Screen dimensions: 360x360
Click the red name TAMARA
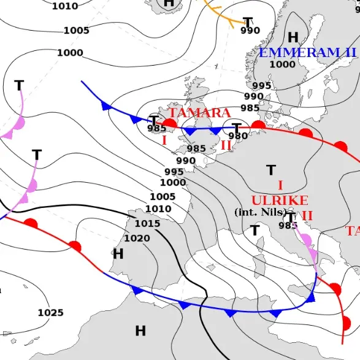click(x=199, y=113)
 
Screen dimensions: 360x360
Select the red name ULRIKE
click(x=280, y=201)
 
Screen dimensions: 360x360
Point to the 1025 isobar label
click(x=50, y=313)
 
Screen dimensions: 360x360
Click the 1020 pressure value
click(x=137, y=238)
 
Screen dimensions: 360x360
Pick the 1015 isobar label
click(x=147, y=223)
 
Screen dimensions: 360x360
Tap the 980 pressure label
click(x=238, y=136)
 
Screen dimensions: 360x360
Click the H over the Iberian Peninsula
click(x=118, y=253)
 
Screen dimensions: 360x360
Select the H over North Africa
click(x=140, y=331)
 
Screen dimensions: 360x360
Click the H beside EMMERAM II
click(x=293, y=38)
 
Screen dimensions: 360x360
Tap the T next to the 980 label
click(x=236, y=128)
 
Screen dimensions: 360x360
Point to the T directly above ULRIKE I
click(x=271, y=169)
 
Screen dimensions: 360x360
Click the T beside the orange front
click(x=248, y=23)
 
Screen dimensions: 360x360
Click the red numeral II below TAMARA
click(x=226, y=145)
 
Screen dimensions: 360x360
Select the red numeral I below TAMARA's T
click(x=164, y=140)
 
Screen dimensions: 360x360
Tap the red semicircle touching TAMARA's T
click(x=170, y=124)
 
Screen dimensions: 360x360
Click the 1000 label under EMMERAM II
click(x=282, y=64)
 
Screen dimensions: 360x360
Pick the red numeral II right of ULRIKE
click(x=307, y=215)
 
